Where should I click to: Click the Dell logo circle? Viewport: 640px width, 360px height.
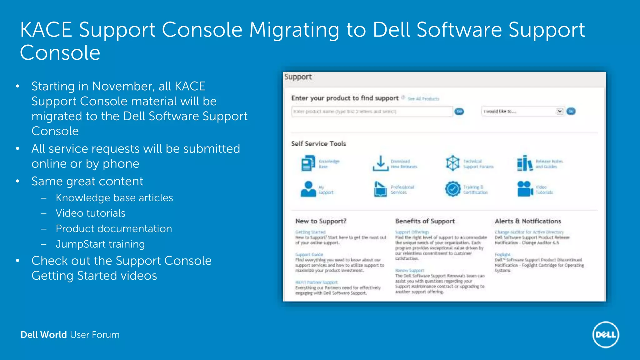(x=606, y=335)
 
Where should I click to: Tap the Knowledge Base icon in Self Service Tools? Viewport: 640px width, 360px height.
(x=308, y=163)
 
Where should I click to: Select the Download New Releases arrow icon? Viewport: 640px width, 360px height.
(x=380, y=163)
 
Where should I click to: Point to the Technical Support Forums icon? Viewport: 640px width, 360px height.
(x=452, y=163)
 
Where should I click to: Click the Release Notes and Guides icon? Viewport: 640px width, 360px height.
(x=525, y=163)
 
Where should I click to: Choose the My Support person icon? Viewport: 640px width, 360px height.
(x=308, y=189)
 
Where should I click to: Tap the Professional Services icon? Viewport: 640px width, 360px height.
(x=380, y=189)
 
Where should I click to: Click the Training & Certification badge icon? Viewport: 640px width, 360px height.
(x=452, y=189)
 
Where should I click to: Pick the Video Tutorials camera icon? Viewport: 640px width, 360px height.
(x=525, y=189)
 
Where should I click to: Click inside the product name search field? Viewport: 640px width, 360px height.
(x=372, y=112)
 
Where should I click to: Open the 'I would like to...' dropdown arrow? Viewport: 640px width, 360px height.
(x=559, y=111)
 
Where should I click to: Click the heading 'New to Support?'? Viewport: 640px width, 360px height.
(x=321, y=221)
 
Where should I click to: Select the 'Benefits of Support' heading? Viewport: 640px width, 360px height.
(x=425, y=221)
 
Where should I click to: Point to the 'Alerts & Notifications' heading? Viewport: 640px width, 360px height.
(x=528, y=221)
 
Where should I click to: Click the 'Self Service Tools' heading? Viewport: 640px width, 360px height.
(x=318, y=144)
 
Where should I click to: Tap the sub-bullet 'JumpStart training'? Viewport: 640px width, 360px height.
(x=100, y=244)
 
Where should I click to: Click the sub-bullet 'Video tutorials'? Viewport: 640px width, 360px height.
(x=90, y=213)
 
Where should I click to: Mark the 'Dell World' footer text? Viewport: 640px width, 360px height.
(x=44, y=335)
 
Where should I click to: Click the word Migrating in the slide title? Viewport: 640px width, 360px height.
(x=294, y=30)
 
